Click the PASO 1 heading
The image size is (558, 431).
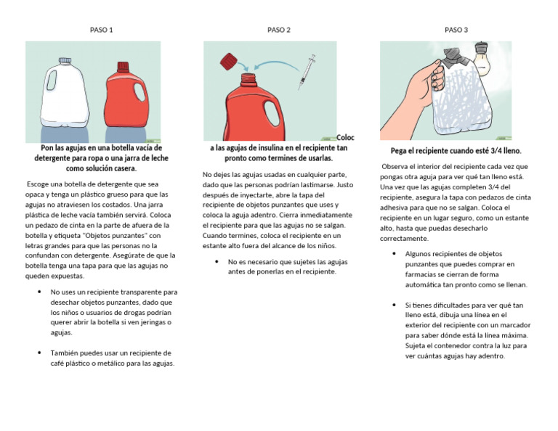click(101, 30)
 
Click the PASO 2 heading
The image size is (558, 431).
click(279, 30)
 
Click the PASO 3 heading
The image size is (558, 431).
click(456, 30)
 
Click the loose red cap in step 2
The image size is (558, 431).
click(230, 62)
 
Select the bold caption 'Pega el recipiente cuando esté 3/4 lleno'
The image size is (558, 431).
click(456, 151)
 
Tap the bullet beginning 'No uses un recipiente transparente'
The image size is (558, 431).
click(113, 312)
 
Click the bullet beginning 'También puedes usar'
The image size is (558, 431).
click(113, 358)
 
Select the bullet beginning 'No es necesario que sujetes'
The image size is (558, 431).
click(287, 266)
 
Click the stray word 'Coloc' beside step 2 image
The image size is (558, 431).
click(346, 137)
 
